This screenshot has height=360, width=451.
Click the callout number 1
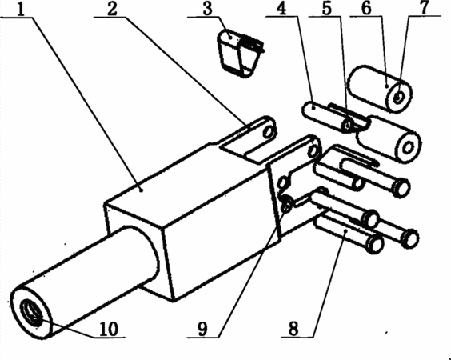(x=21, y=10)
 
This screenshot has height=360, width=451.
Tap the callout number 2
(x=113, y=10)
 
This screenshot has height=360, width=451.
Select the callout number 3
(x=207, y=10)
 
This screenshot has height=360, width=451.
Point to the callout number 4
(x=281, y=10)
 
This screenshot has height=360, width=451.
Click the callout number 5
(x=327, y=10)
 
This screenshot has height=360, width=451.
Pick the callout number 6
(x=366, y=10)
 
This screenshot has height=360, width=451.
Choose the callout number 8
(x=293, y=329)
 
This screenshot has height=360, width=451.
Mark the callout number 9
(x=202, y=329)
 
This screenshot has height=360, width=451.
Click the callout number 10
(x=109, y=329)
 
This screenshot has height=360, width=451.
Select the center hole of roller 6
(x=398, y=98)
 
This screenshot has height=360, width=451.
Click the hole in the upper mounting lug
(x=269, y=131)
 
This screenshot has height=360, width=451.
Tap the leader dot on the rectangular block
(x=141, y=190)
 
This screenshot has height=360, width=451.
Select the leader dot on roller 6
(x=388, y=86)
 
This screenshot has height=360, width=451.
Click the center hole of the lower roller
(x=408, y=148)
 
